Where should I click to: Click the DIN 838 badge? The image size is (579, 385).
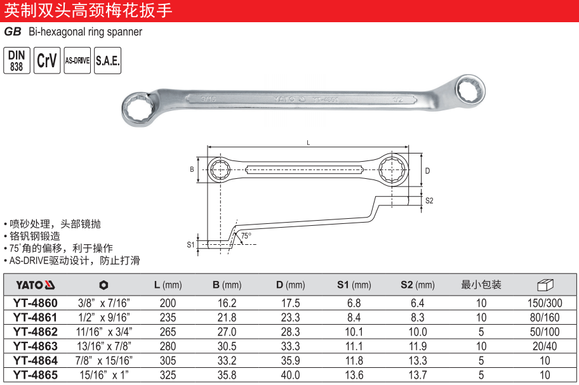pyautogui.click(x=17, y=60)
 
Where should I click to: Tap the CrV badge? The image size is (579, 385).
pyautogui.click(x=47, y=60)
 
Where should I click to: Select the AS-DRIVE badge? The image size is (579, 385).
pyautogui.click(x=77, y=60)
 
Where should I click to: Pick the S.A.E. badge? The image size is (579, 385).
pyautogui.click(x=107, y=60)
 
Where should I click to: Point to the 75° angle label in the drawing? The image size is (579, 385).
pyautogui.click(x=246, y=235)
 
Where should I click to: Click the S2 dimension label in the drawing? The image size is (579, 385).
pyautogui.click(x=429, y=200)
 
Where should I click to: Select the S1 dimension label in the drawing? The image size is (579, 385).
pyautogui.click(x=190, y=244)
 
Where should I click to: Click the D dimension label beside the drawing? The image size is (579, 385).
pyautogui.click(x=428, y=171)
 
